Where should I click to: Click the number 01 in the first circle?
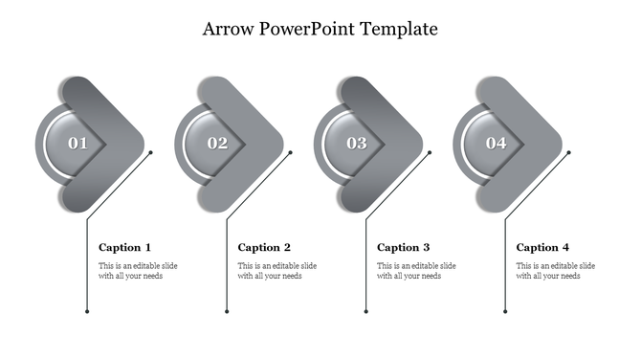[78, 144]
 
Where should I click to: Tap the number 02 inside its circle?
[218, 144]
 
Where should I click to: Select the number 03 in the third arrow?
[357, 144]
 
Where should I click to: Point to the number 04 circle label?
[496, 144]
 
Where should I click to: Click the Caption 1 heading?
[124, 247]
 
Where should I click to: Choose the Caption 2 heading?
[264, 247]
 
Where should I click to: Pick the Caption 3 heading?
[403, 247]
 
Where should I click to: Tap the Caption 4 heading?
[542, 247]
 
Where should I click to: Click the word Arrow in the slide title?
[228, 29]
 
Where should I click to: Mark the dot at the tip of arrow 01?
[151, 152]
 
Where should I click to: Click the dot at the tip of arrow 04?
[569, 152]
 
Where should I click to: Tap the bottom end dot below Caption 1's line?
[87, 311]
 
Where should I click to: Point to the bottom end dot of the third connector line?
[366, 311]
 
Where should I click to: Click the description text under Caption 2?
[277, 270]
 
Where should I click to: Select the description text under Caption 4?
[556, 270]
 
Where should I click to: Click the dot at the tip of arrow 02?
[291, 152]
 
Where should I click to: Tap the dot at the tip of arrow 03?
[430, 152]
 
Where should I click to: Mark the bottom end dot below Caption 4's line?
[505, 311]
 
